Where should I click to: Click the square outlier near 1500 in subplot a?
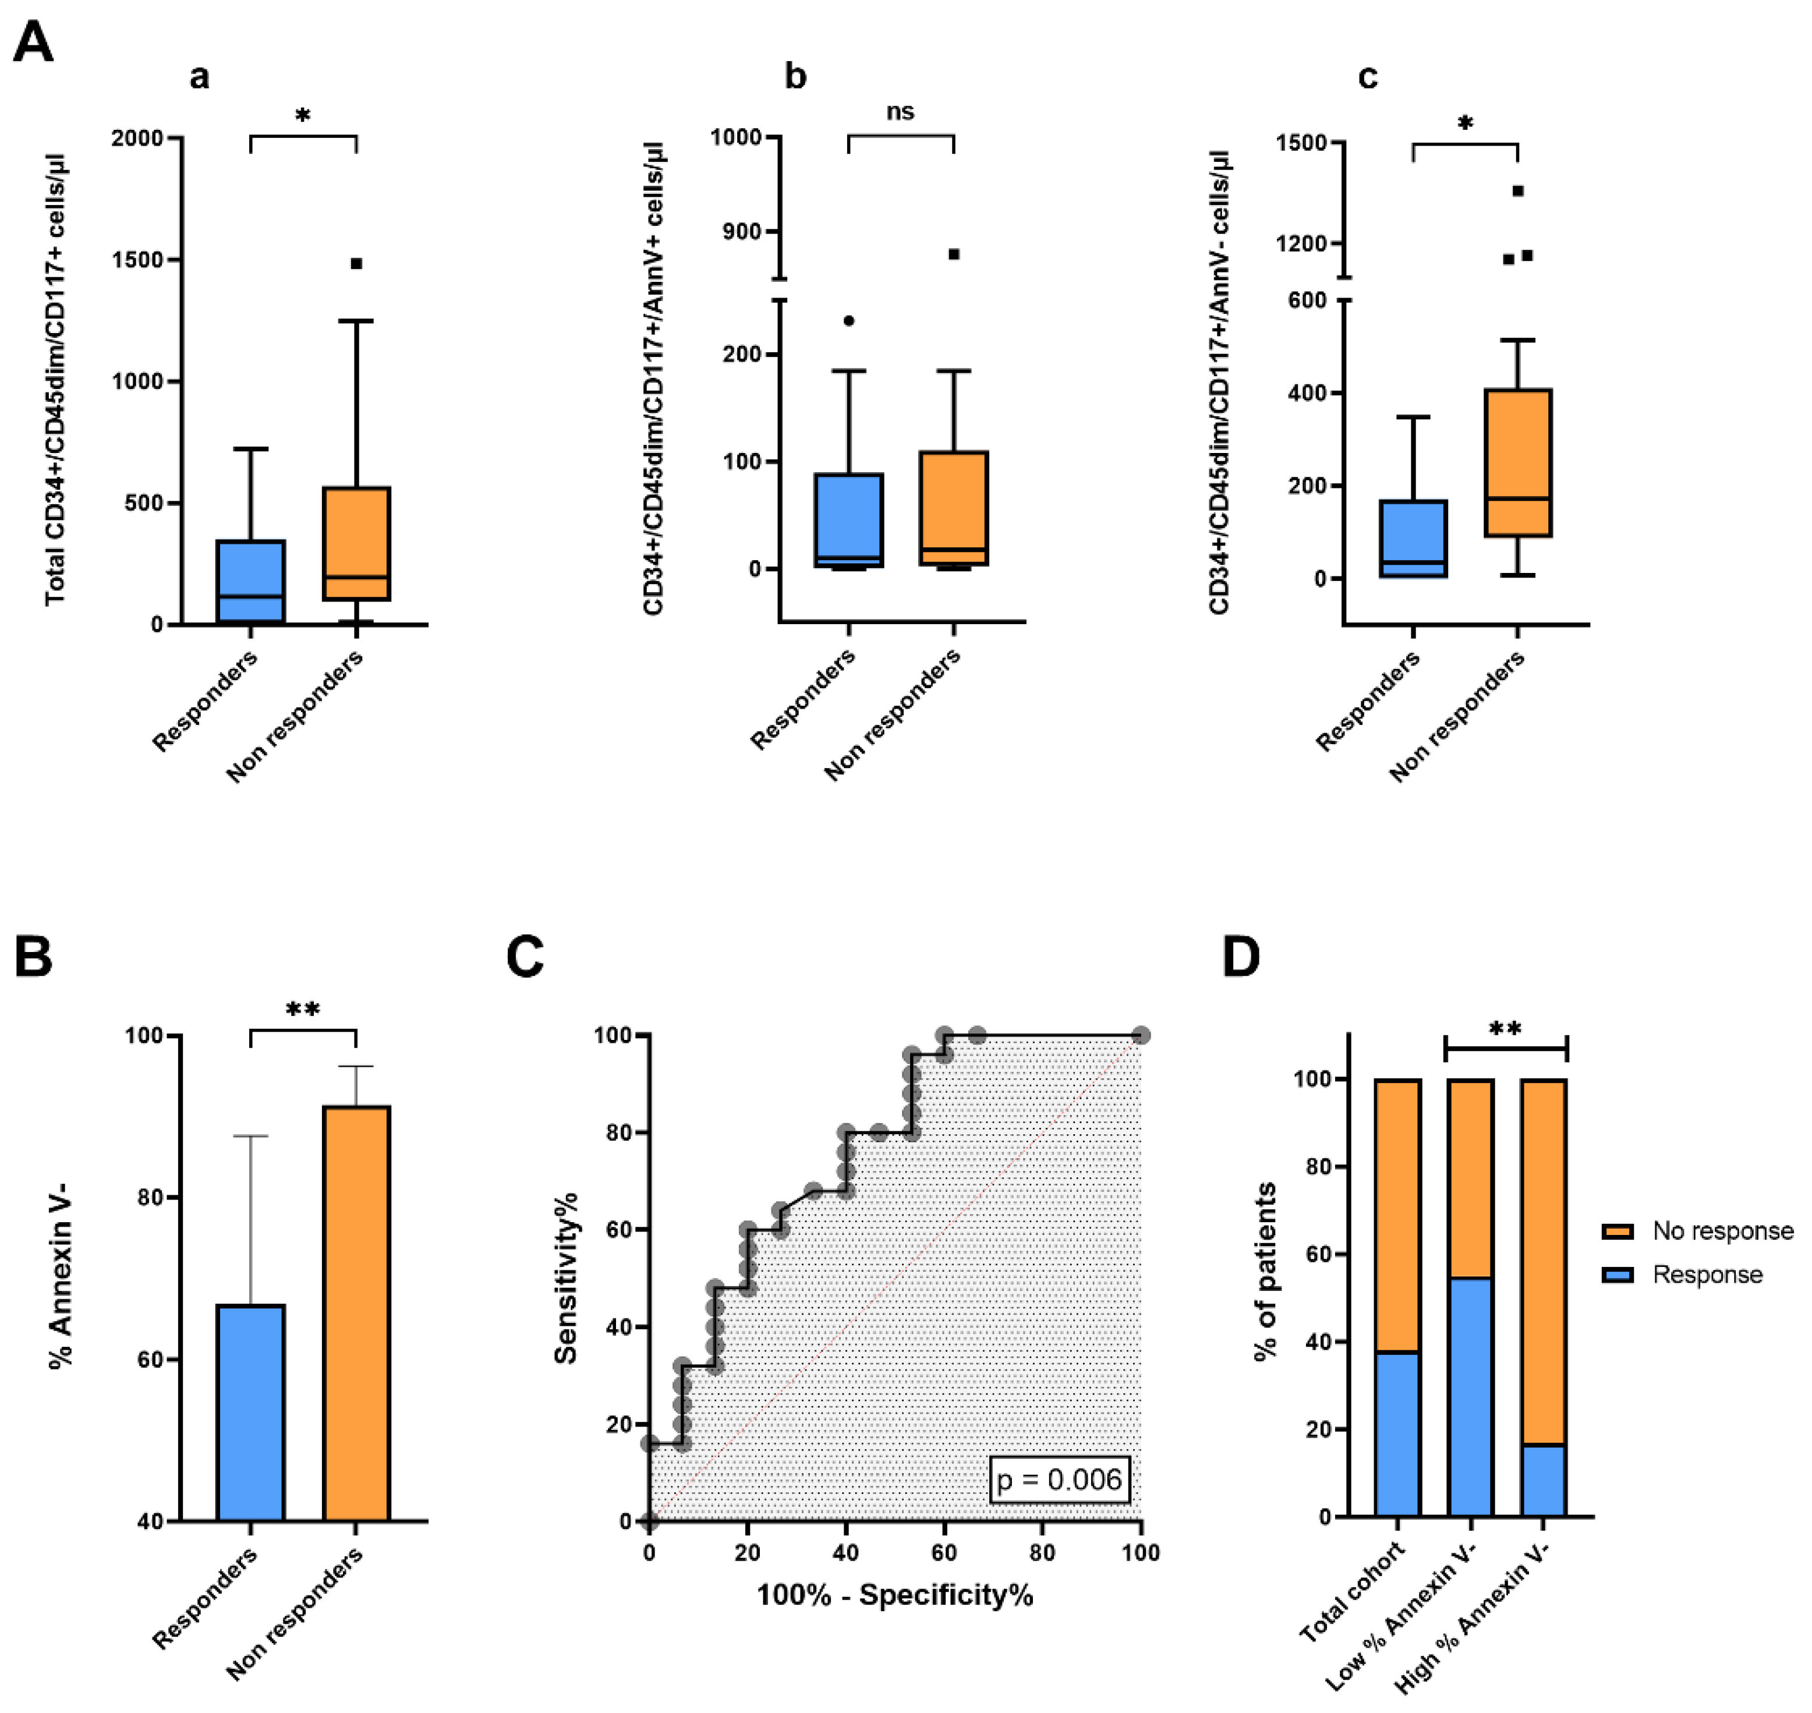tap(357, 264)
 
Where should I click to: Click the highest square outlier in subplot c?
tap(1518, 191)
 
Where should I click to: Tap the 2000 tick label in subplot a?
tap(137, 139)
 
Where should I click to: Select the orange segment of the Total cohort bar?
tap(1396, 1215)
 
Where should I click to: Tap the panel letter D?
tap(1241, 958)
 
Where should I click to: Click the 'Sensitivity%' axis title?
tap(566, 1279)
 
